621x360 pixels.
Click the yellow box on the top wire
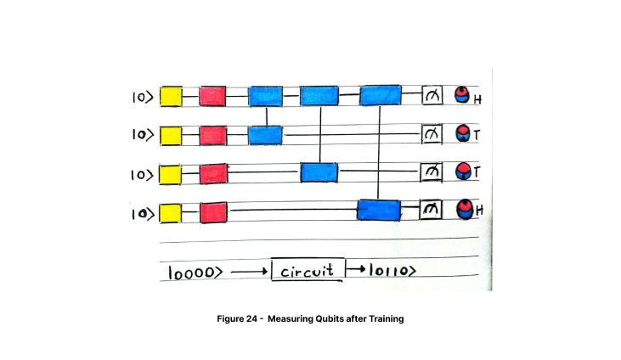[171, 97]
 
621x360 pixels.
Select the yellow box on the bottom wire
[171, 213]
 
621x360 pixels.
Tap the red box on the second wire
[213, 136]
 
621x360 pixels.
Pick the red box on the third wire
[213, 174]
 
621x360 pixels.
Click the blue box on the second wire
[265, 136]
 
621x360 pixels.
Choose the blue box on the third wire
[319, 172]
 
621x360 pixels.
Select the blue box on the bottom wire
[379, 210]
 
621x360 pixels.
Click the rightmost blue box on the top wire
[381, 95]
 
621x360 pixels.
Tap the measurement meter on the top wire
[432, 95]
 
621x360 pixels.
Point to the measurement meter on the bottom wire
[431, 209]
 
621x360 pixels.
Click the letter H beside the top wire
[477, 100]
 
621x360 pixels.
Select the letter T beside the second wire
[477, 136]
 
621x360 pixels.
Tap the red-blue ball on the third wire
[463, 172]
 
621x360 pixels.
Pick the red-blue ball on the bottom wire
[464, 209]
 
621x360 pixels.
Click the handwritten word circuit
[307, 272]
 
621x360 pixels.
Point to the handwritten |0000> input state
[195, 273]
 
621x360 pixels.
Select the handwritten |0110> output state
[392, 271]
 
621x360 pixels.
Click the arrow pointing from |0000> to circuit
[249, 272]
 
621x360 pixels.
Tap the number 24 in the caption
[251, 318]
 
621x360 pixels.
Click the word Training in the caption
[387, 318]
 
